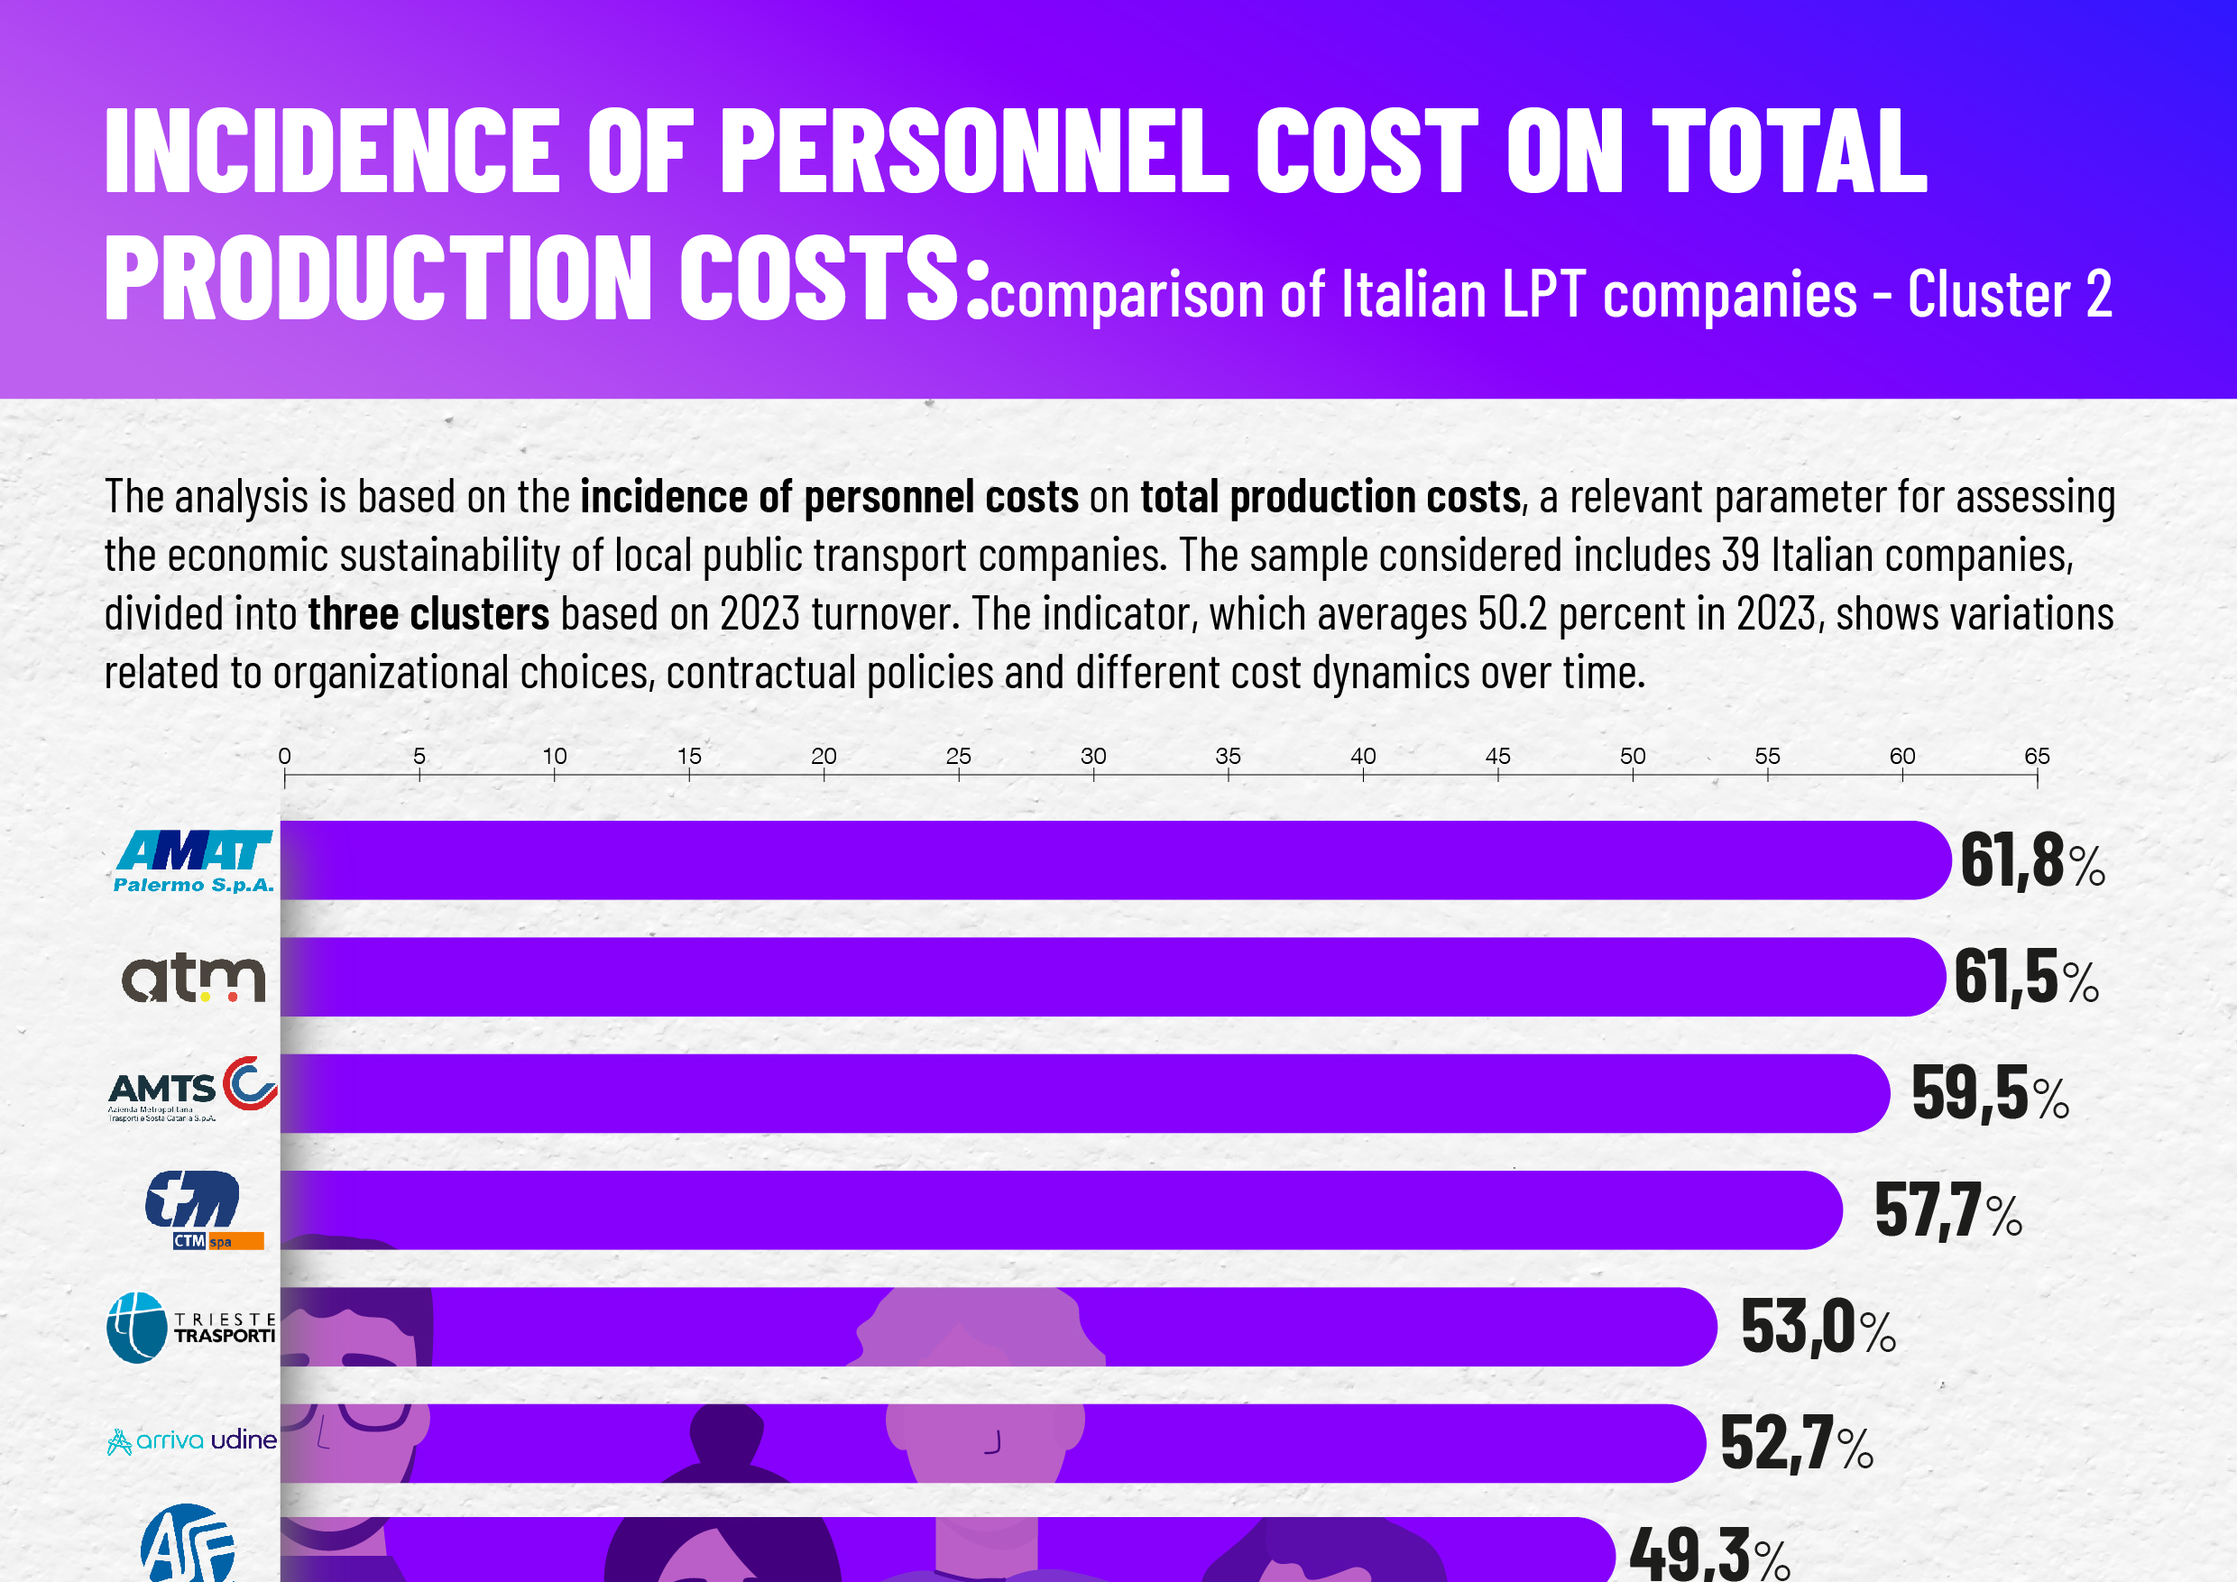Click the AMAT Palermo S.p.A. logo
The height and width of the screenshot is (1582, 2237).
point(194,861)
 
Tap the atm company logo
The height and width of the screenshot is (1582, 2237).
point(194,978)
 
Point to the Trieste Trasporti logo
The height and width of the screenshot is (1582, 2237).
point(192,1327)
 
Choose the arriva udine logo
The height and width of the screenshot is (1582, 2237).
point(192,1439)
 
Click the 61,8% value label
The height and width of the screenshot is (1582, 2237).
point(2031,862)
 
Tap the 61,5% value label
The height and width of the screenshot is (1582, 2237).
point(2026,978)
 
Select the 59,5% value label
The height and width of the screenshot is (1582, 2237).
point(1990,1094)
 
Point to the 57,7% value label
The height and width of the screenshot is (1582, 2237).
point(1948,1211)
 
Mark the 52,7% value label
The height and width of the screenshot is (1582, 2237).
point(1797,1444)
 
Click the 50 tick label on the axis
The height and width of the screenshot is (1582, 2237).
point(1633,756)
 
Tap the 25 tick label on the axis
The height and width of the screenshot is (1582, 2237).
point(959,756)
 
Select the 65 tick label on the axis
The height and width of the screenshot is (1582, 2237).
point(2038,756)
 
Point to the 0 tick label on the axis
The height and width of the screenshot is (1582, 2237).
point(284,756)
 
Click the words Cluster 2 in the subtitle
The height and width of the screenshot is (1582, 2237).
point(2009,293)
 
